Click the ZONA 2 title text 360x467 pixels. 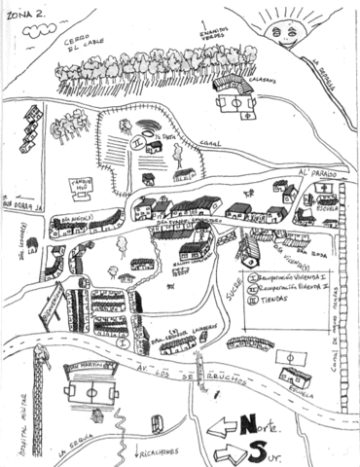click(23, 16)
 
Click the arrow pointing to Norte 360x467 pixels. click(227, 425)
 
